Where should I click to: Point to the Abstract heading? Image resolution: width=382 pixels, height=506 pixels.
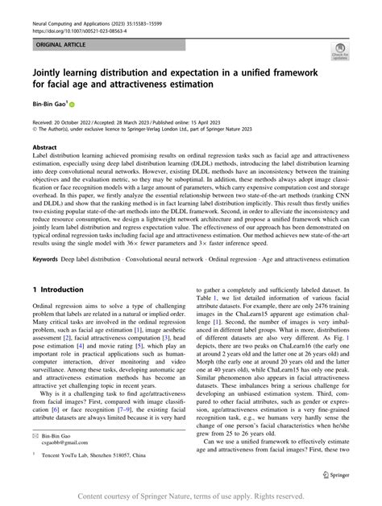(x=44, y=148)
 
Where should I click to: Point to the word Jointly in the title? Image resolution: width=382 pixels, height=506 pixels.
(x=51, y=71)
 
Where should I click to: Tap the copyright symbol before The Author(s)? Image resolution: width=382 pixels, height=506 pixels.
(x=34, y=127)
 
